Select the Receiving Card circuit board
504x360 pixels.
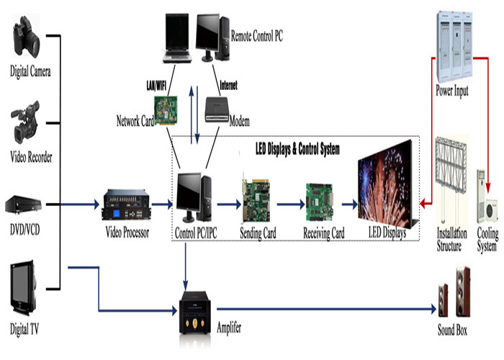click(x=323, y=202)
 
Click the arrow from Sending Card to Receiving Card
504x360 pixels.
click(x=292, y=205)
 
